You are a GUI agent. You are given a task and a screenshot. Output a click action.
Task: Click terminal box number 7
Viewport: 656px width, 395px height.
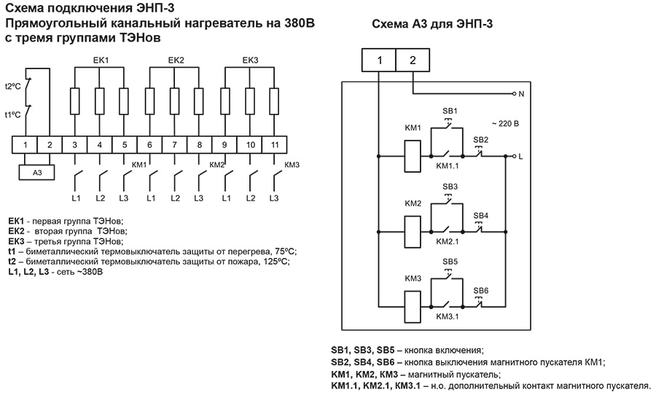pyautogui.click(x=175, y=145)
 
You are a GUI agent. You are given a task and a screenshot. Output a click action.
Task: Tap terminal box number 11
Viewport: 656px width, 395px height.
pyautogui.click(x=273, y=145)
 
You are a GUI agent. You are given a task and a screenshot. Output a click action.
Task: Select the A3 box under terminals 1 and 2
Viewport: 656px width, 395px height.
pyautogui.click(x=37, y=173)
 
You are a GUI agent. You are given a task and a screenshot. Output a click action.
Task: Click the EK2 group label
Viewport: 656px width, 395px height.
pyautogui.click(x=176, y=60)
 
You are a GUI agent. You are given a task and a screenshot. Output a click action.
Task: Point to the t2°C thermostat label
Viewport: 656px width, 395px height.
pyautogui.click(x=12, y=86)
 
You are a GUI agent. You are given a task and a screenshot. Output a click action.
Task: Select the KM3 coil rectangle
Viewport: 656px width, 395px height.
pyautogui.click(x=413, y=304)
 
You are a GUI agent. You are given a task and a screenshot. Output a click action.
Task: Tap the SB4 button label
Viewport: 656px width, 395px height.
pyautogui.click(x=481, y=216)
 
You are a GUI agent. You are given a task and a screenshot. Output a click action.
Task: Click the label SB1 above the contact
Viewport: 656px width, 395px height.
pyautogui.click(x=450, y=111)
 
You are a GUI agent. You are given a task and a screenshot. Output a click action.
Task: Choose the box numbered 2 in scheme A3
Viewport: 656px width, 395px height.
pyautogui.click(x=413, y=60)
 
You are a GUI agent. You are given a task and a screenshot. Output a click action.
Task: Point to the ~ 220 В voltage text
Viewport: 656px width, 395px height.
pyautogui.click(x=504, y=124)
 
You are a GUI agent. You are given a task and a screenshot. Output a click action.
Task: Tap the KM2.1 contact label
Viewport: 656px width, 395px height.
pyautogui.click(x=447, y=241)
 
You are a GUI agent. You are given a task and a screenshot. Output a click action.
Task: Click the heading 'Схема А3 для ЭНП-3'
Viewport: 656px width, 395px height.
pyautogui.click(x=432, y=23)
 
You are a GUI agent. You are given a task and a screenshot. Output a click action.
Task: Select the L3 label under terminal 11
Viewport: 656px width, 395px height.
pyautogui.click(x=273, y=198)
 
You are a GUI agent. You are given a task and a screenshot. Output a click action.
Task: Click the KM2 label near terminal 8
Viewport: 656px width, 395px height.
pyautogui.click(x=216, y=165)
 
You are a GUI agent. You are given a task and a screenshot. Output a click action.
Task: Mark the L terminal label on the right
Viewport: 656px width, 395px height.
pyautogui.click(x=520, y=156)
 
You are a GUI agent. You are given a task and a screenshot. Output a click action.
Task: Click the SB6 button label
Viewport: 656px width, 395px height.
pyautogui.click(x=481, y=291)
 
